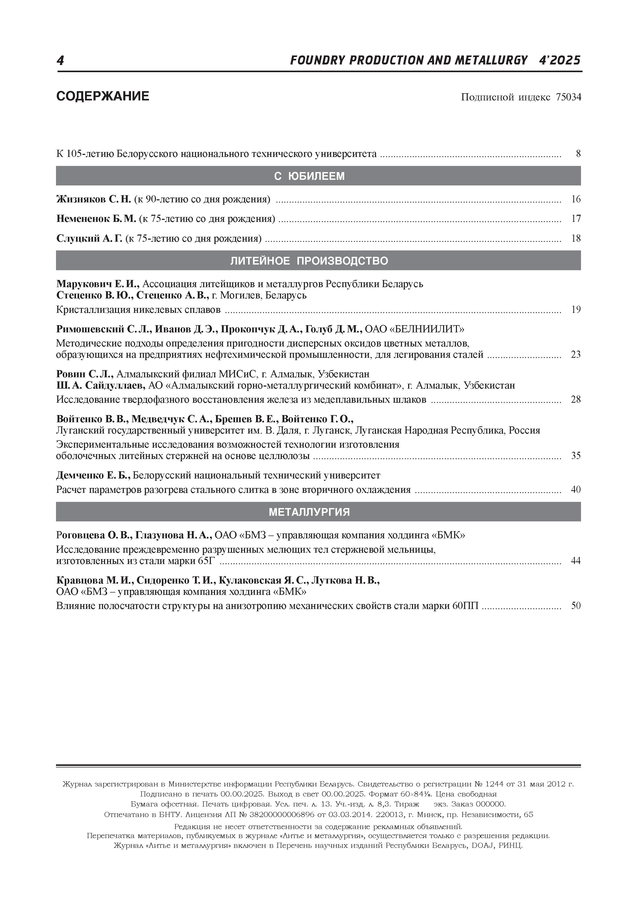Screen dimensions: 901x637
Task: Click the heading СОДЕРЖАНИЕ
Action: click(103, 96)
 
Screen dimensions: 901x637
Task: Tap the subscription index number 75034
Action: click(568, 97)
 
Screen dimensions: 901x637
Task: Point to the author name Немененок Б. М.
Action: click(96, 219)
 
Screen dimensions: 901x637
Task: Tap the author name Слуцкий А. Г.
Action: click(89, 238)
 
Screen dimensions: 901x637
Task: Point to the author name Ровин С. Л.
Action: click(85, 374)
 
